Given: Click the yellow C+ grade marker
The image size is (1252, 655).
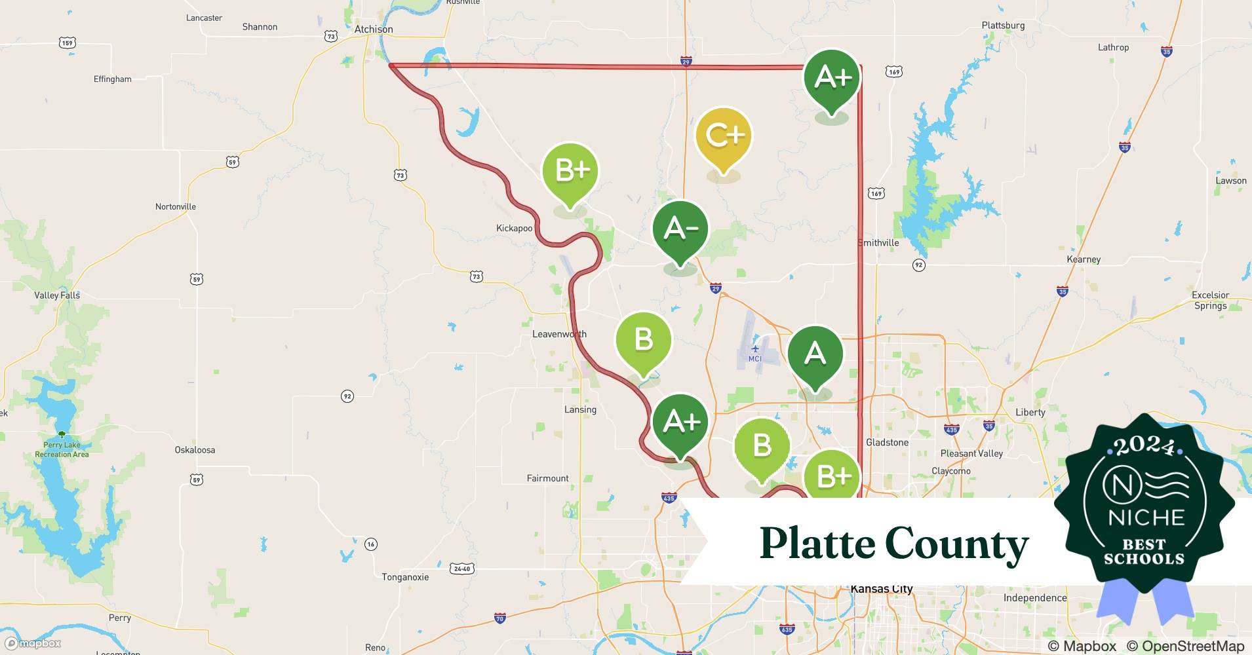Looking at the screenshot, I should click(x=724, y=136).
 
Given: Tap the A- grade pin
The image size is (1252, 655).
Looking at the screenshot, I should click(x=680, y=229).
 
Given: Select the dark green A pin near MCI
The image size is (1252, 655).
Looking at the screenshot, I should click(x=815, y=354).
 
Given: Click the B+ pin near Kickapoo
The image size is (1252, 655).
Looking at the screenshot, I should click(x=570, y=171).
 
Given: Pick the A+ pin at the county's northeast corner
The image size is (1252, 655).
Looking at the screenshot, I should click(x=832, y=78).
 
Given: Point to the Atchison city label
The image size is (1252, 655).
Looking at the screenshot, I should click(x=374, y=29).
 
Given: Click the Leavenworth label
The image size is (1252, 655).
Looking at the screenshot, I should click(x=559, y=334).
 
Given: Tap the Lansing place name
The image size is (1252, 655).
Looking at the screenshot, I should click(x=580, y=410).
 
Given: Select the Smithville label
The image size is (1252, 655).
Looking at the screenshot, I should click(x=879, y=243).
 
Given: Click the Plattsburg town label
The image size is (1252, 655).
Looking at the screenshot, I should click(x=1003, y=26).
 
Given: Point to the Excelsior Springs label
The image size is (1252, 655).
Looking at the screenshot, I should click(x=1210, y=300).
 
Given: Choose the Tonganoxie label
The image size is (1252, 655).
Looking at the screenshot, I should click(x=405, y=577).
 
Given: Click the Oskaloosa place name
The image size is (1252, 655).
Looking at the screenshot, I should click(x=195, y=450).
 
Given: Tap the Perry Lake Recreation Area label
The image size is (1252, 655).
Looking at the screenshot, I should click(x=62, y=449).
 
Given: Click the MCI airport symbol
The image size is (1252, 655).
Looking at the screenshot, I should click(x=755, y=349).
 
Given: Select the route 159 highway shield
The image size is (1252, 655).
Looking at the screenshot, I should click(x=68, y=43).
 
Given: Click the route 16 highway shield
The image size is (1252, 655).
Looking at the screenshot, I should click(x=371, y=544).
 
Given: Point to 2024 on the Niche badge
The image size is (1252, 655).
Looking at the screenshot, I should click(x=1144, y=447).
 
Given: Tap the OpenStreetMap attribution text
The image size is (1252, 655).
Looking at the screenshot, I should click(x=1185, y=646).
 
